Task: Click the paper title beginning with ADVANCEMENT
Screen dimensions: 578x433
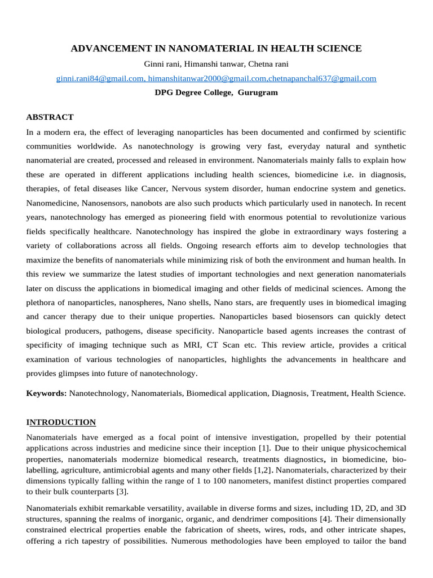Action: pos(216,49)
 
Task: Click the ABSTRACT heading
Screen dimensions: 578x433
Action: pos(50,117)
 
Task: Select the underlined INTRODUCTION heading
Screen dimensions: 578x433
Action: pos(61,422)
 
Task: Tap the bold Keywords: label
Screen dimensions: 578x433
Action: pos(47,393)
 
